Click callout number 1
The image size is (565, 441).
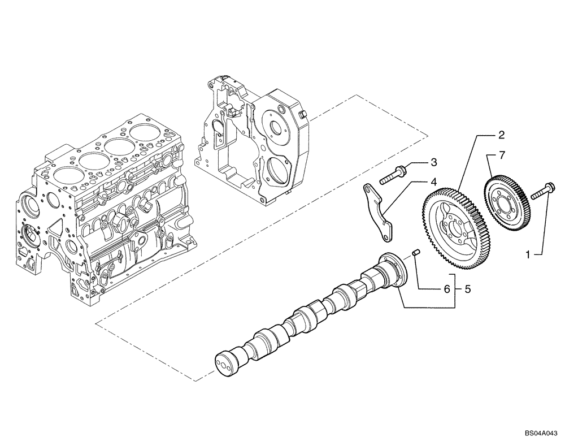528,255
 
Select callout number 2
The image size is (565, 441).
501,135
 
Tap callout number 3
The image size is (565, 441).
433,163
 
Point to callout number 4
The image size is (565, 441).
433,182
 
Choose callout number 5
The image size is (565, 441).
467,289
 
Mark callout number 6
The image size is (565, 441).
446,289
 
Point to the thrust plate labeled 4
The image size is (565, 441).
378,210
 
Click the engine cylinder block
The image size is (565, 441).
107,209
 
